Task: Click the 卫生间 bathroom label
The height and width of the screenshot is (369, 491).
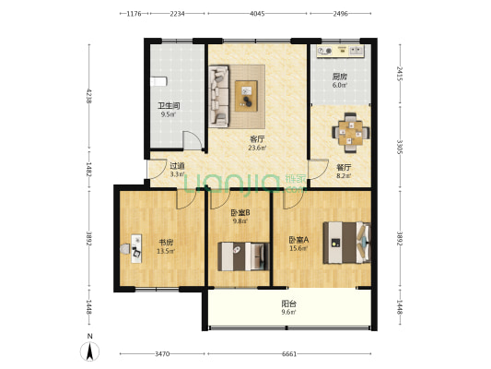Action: pyautogui.click(x=169, y=106)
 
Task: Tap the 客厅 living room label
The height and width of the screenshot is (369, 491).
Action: pyautogui.click(x=257, y=139)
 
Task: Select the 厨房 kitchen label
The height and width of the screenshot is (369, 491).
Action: pyautogui.click(x=340, y=77)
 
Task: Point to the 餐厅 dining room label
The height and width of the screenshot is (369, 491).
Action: pyautogui.click(x=343, y=167)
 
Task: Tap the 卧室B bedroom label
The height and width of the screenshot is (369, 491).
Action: pyautogui.click(x=240, y=213)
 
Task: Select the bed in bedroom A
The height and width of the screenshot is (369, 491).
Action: pyautogui.click(x=346, y=241)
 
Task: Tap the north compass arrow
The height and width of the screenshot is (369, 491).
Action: pyautogui.click(x=90, y=351)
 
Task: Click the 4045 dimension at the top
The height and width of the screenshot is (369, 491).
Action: pyautogui.click(x=257, y=14)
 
